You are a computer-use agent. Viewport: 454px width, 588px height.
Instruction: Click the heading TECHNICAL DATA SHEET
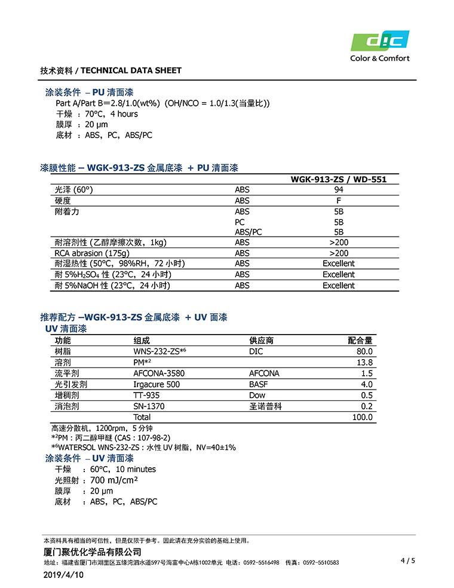pyautogui.click(x=131, y=71)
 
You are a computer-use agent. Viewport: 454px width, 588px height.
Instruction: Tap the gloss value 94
pyautogui.click(x=339, y=189)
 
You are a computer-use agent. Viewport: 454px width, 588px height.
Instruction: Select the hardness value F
pyautogui.click(x=339, y=201)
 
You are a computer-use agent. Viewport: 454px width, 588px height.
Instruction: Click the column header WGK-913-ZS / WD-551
pyautogui.click(x=339, y=179)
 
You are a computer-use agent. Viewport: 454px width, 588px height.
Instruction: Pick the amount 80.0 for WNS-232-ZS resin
pyautogui.click(x=364, y=352)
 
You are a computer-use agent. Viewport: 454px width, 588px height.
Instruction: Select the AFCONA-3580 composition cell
pyautogui.click(x=159, y=373)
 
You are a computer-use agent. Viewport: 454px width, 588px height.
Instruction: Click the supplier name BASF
pyautogui.click(x=259, y=384)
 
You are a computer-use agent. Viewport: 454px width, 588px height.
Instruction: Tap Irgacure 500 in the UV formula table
pyautogui.click(x=157, y=384)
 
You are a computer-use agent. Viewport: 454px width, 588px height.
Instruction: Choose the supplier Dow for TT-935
pyautogui.click(x=257, y=395)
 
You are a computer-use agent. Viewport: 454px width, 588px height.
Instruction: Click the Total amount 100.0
pyautogui.click(x=362, y=417)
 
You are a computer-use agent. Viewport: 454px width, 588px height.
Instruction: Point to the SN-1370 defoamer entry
pyautogui.click(x=149, y=406)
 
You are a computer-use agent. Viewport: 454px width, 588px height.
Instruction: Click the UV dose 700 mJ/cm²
pyautogui.click(x=114, y=480)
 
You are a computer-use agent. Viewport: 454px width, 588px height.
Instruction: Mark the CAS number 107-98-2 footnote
pyautogui.click(x=147, y=438)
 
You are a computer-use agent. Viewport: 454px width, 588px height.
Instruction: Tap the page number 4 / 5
pyautogui.click(x=407, y=561)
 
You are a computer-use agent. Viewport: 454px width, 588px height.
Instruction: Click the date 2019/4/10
pyautogui.click(x=64, y=575)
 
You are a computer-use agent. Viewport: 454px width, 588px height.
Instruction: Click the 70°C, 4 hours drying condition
pyautogui.click(x=111, y=114)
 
